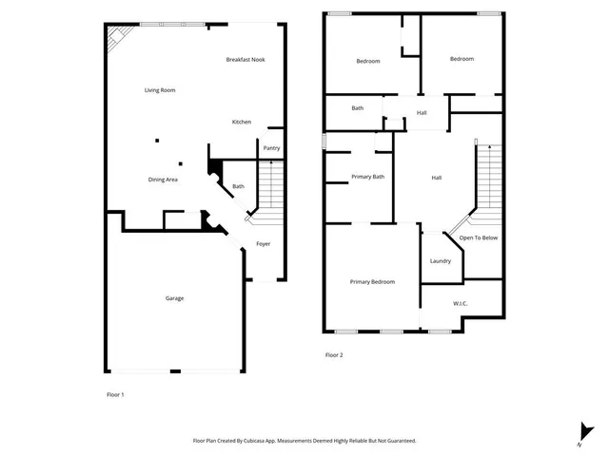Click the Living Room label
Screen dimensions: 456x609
tap(160, 90)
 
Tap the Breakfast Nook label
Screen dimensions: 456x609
tap(246, 60)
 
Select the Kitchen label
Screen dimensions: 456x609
tap(242, 123)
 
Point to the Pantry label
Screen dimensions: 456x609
tap(271, 148)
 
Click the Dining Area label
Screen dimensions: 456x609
tap(163, 180)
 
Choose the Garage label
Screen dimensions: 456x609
tap(174, 298)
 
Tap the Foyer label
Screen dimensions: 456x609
tap(264, 244)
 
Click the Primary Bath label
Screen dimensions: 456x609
tap(367, 177)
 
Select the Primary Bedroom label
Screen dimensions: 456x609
tap(372, 282)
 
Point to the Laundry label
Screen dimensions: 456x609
tap(440, 261)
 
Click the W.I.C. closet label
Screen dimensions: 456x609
tap(460, 304)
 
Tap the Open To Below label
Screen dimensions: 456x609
tap(479, 237)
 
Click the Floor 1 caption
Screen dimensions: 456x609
tap(114, 393)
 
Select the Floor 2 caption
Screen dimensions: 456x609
tap(334, 355)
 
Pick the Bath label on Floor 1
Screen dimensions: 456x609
tap(238, 186)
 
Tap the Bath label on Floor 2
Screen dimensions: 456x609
tap(357, 108)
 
